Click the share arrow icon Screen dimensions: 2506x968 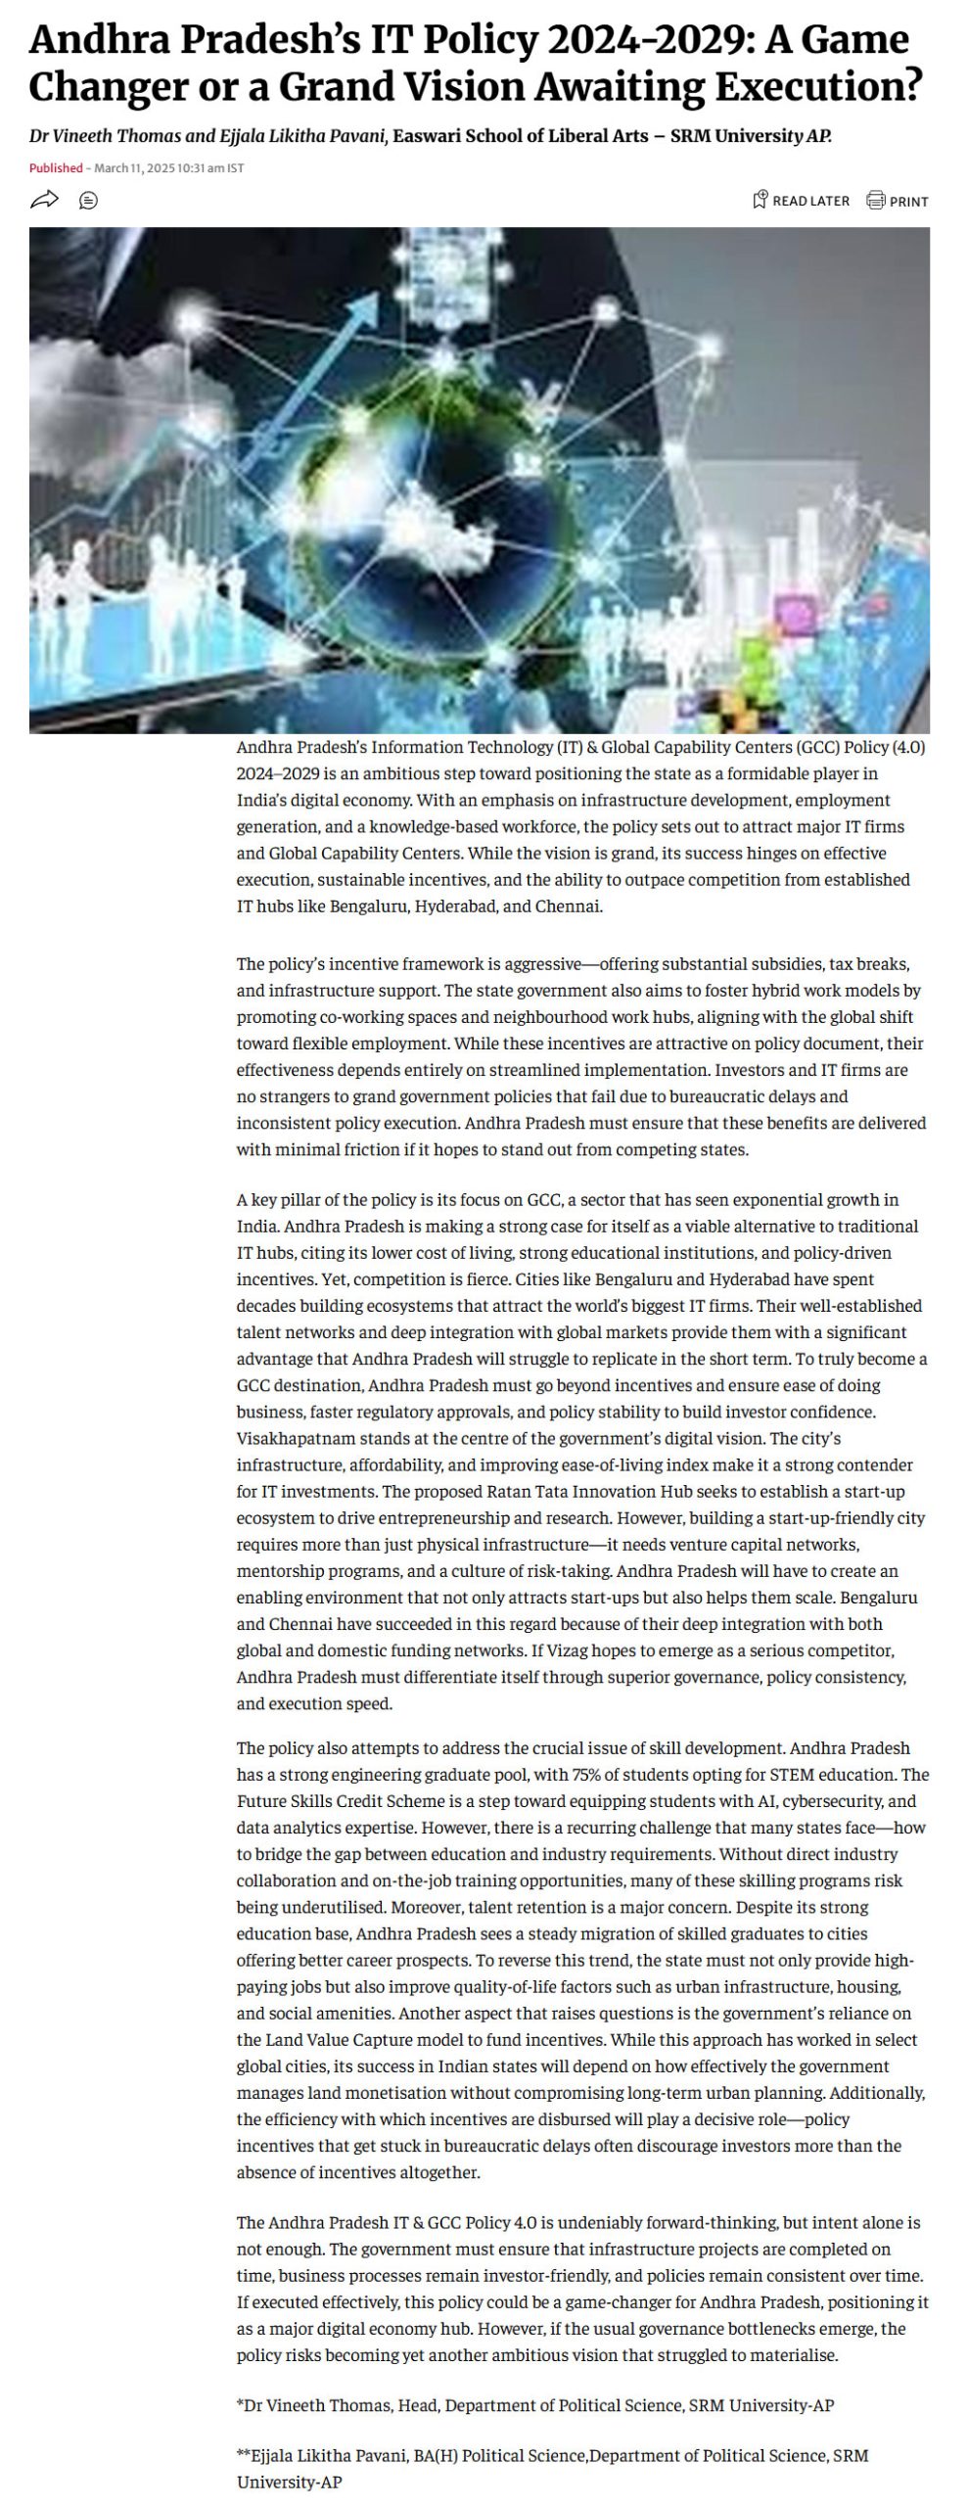coord(44,201)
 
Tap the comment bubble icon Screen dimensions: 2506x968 coord(88,201)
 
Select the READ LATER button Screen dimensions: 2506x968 coord(801,201)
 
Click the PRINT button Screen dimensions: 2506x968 coord(898,202)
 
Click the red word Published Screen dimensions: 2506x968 coord(56,168)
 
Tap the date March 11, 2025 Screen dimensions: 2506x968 coord(134,168)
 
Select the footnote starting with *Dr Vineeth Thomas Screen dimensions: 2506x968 coord(535,2405)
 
